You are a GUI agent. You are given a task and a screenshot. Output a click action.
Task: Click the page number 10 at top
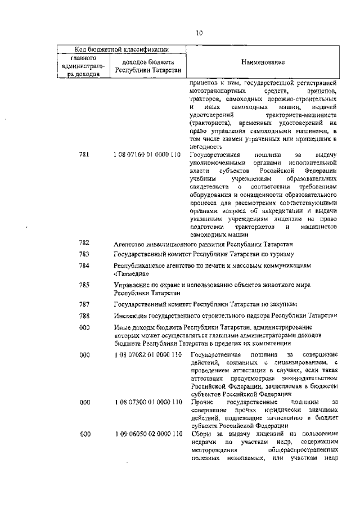point(199,33)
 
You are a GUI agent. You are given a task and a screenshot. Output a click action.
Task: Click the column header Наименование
point(263,62)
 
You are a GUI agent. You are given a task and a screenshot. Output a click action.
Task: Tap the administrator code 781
point(84,155)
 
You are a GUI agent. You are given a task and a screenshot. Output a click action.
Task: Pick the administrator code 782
point(84,243)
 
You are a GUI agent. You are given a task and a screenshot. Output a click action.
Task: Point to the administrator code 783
point(84,254)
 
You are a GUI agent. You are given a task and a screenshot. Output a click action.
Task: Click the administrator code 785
point(84,285)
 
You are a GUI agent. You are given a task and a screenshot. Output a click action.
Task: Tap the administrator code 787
point(84,304)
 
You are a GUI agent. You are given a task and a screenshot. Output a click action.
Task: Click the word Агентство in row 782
point(130,244)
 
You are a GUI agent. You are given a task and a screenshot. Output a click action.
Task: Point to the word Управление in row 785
point(134,285)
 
